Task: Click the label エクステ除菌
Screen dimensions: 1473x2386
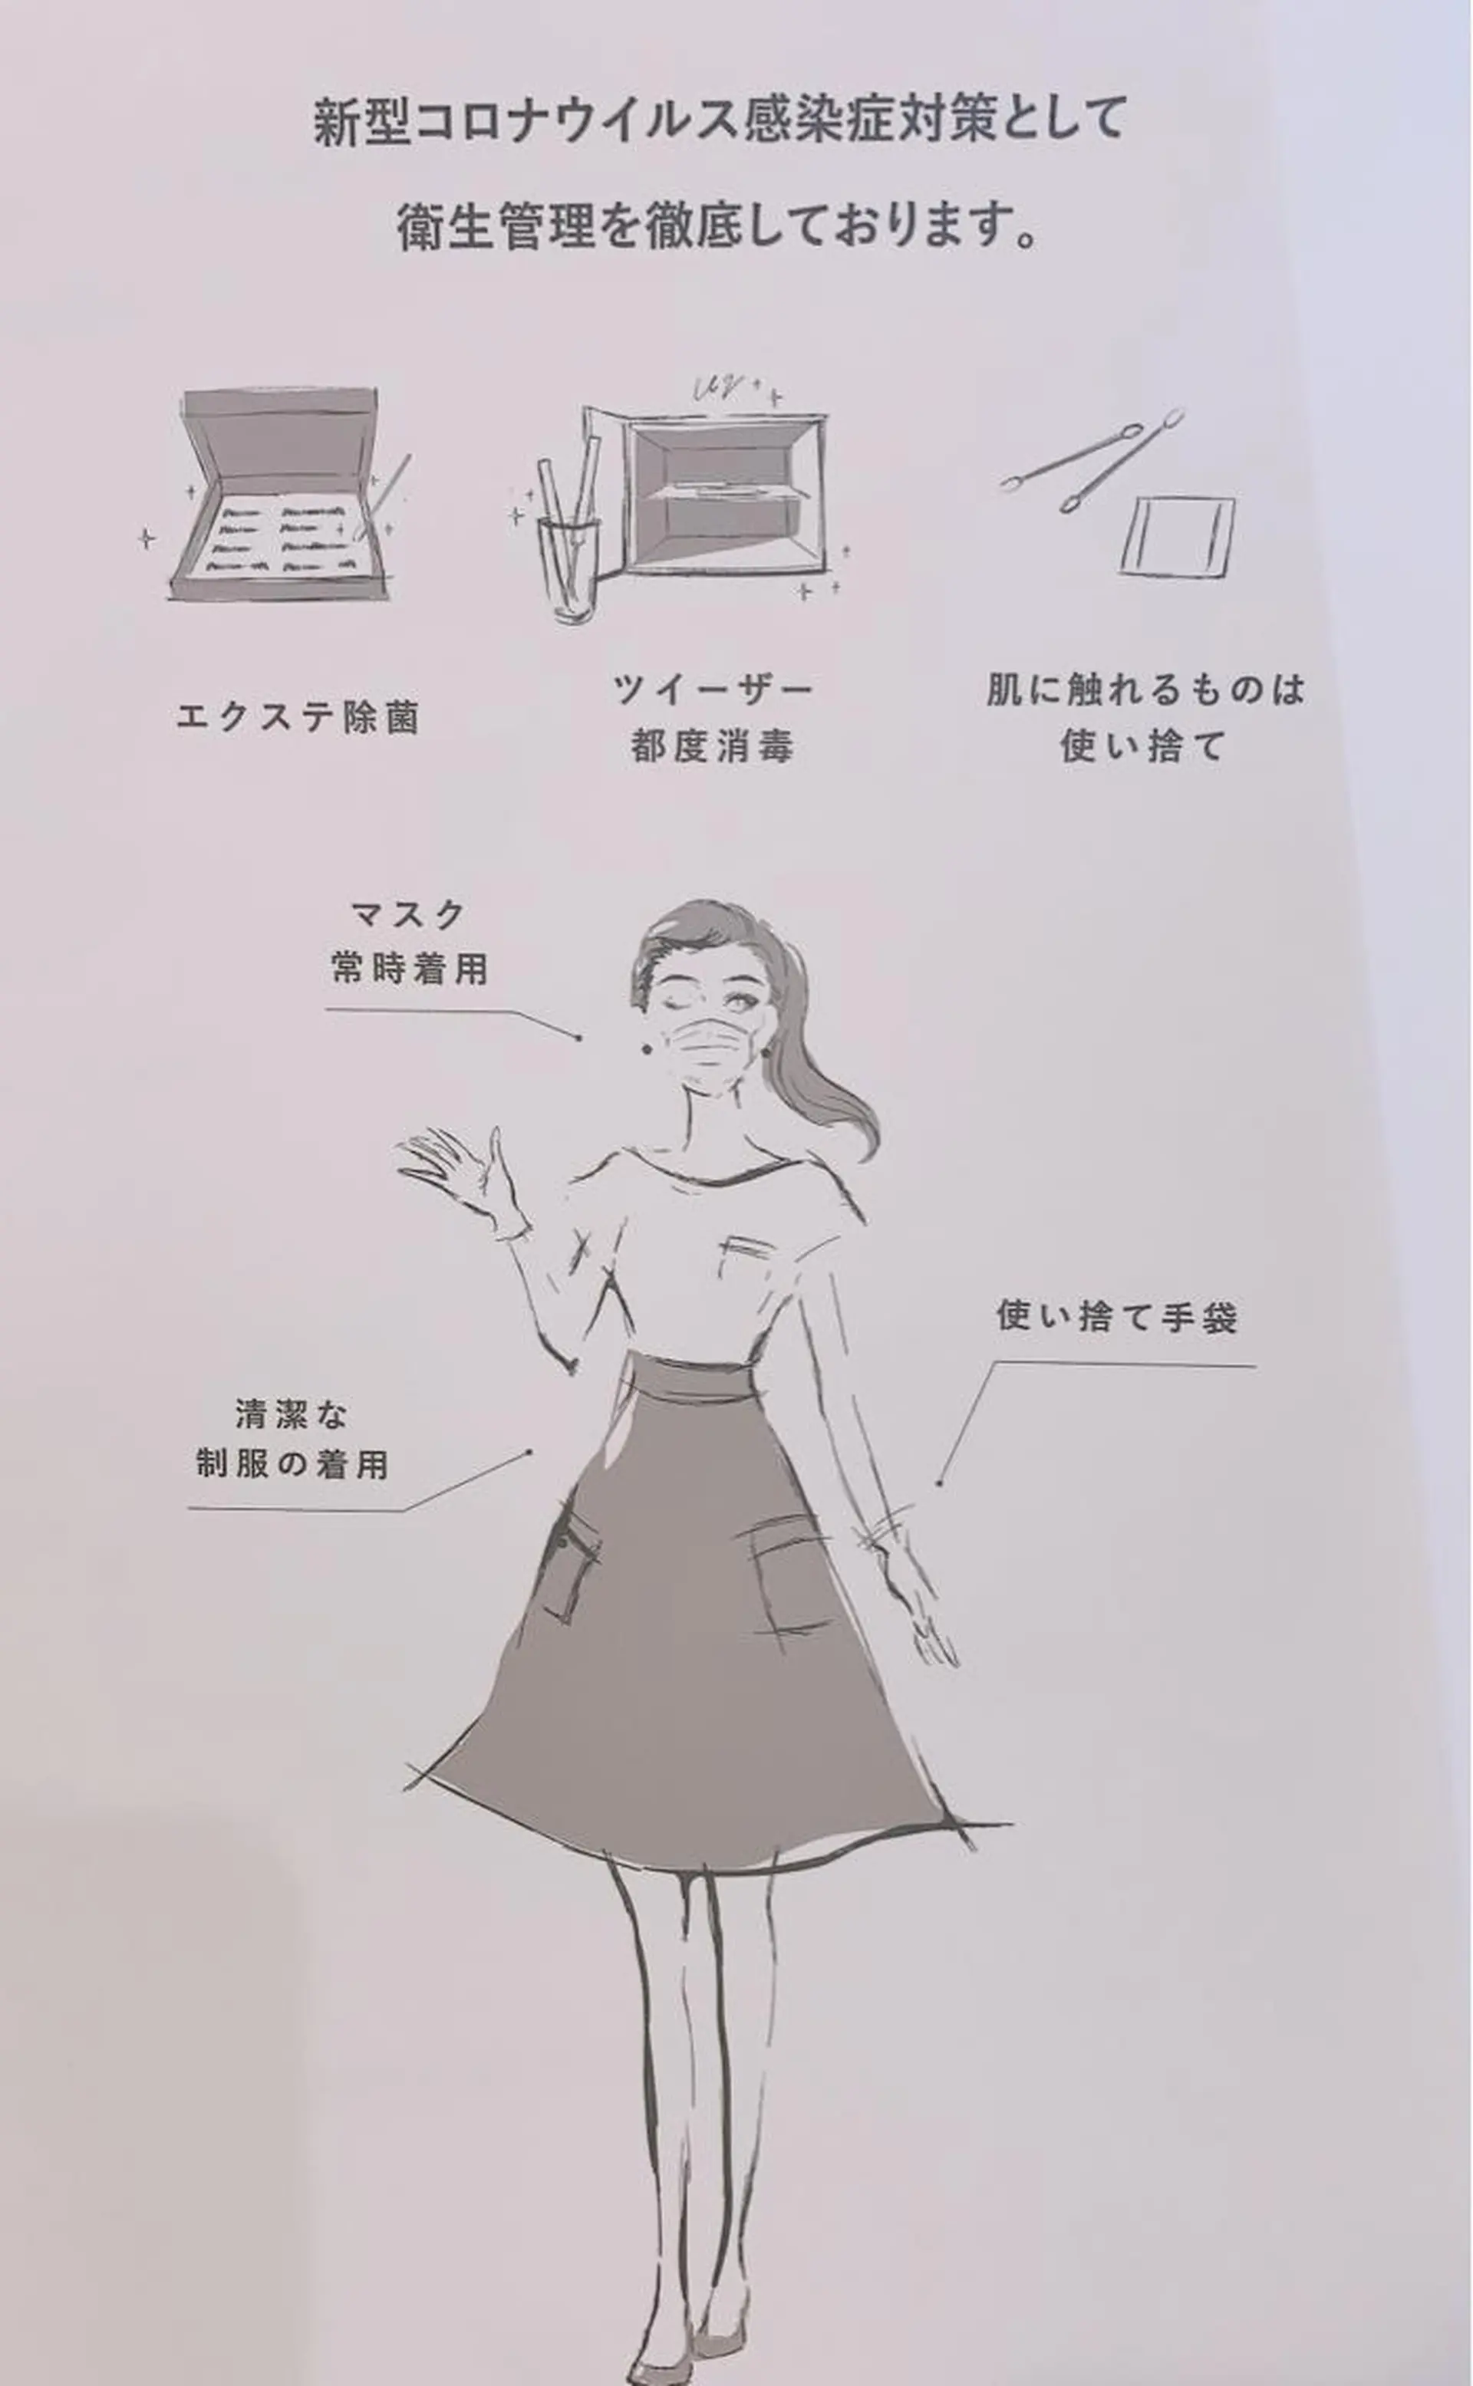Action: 297,718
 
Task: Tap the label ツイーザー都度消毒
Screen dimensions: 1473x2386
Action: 712,718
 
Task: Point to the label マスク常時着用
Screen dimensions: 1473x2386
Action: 409,942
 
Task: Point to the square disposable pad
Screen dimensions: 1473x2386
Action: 1177,535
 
